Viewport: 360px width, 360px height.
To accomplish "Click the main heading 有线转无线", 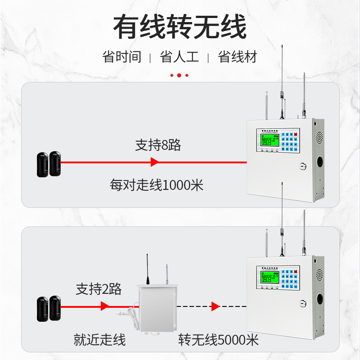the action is pyautogui.click(x=180, y=28).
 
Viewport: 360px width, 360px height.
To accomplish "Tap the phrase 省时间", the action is pyautogui.click(x=121, y=57).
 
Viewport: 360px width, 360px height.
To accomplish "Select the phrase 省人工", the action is pyautogui.click(x=179, y=57).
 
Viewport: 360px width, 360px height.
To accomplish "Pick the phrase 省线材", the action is pyautogui.click(x=237, y=57).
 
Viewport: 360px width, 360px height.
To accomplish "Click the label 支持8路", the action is pyautogui.click(x=157, y=145).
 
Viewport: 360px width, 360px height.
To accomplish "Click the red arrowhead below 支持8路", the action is pyautogui.click(x=154, y=162).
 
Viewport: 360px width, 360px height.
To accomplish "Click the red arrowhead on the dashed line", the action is pyautogui.click(x=216, y=306).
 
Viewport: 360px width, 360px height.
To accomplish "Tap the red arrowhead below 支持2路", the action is pyautogui.click(x=105, y=306).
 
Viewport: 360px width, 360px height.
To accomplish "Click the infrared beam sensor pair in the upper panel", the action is pyautogui.click(x=49, y=164).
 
